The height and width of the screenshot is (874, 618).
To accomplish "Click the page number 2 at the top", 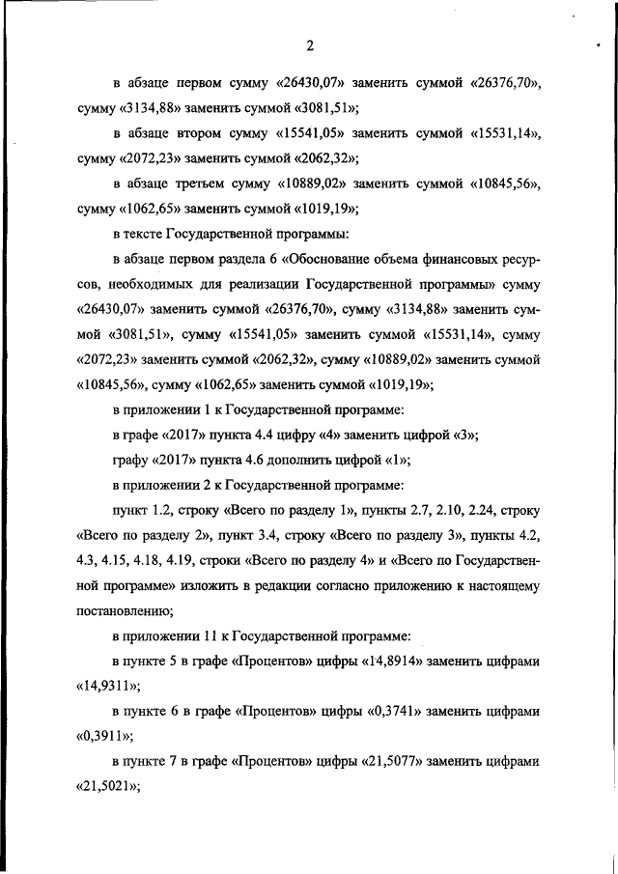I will pyautogui.click(x=309, y=45).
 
